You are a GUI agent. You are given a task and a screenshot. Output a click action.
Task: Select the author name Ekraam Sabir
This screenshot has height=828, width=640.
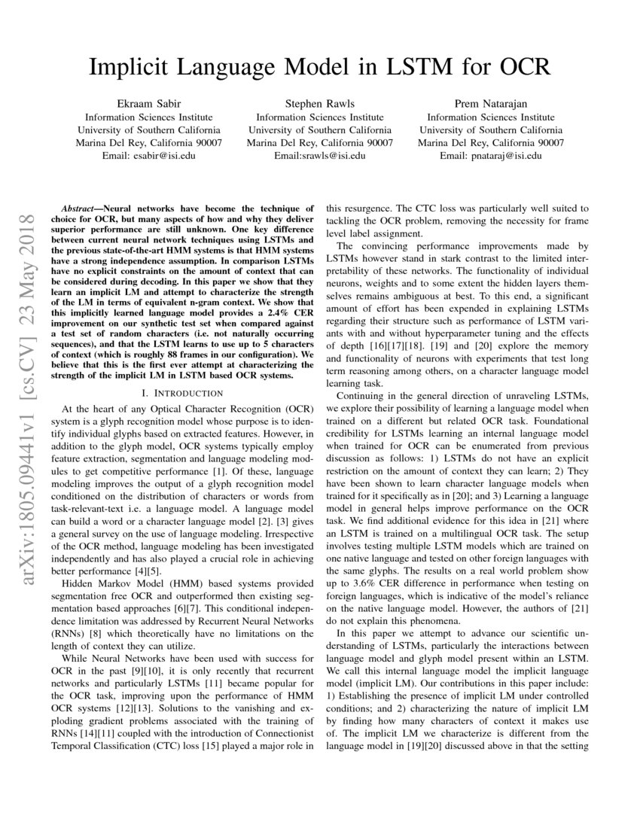pos(148,104)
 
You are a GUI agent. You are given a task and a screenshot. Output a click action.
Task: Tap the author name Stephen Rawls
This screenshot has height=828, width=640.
pos(320,104)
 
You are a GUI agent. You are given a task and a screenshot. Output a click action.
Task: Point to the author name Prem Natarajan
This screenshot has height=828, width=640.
pos(491,104)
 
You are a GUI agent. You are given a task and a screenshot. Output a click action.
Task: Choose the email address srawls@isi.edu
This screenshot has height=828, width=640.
pos(332,155)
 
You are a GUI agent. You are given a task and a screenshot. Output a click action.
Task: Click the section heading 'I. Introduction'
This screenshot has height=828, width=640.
pos(182,393)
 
